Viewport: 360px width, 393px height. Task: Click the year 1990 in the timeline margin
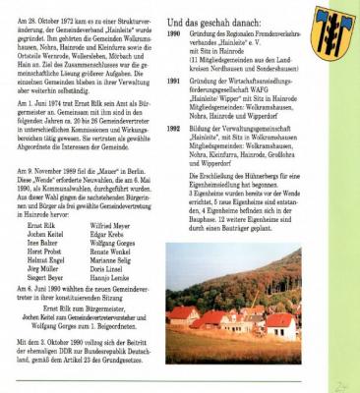point(174,31)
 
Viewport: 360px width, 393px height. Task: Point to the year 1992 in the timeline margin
point(174,127)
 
